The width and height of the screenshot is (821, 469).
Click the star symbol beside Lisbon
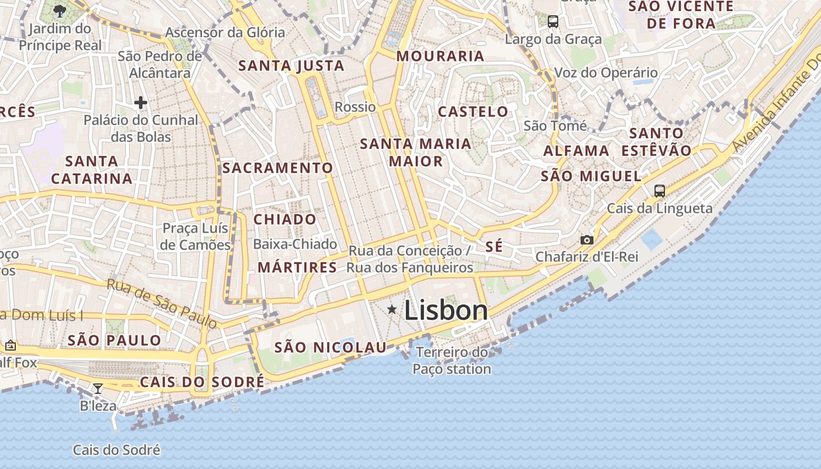pos(392,309)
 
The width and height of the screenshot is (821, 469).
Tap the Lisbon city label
pos(446,310)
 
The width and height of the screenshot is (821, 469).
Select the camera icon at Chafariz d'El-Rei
pos(586,240)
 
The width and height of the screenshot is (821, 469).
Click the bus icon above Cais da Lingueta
pos(660,191)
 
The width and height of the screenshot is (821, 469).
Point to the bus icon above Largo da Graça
pos(553,22)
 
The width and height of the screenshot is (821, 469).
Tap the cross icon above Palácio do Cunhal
pos(141,103)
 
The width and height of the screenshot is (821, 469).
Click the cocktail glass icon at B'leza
pos(98,388)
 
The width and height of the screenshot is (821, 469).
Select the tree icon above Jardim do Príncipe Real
pos(59,10)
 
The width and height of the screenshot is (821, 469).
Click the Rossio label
pos(355,107)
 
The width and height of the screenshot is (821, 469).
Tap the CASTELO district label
pos(473,111)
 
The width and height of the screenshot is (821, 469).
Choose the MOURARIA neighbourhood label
pos(440,56)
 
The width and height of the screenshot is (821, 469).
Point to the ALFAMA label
pos(576,151)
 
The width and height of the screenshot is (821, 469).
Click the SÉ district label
pos(494,247)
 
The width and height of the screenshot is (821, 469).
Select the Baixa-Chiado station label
pos(295,244)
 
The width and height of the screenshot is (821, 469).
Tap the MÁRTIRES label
pos(297,268)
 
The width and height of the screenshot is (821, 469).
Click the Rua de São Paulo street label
pos(161,304)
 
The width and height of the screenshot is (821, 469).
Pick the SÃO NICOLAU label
pos(331,348)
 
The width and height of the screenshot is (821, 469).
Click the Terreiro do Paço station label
pos(452,361)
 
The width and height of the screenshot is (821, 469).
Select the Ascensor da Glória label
pos(225,32)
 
